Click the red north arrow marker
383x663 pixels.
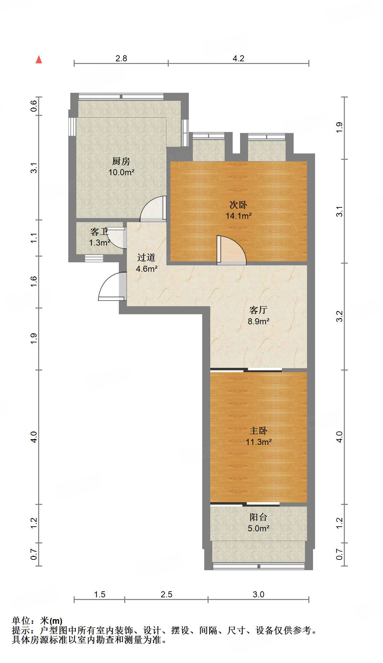pos(39,59)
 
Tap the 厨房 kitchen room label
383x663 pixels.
pos(121,161)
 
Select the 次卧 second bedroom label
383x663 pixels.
pos(238,205)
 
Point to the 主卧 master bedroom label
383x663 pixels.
pos(258,430)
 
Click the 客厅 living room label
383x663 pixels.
pos(258,310)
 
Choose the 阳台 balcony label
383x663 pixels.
pos(258,517)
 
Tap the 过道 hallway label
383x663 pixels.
pos(146,257)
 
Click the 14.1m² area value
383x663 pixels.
pos(238,216)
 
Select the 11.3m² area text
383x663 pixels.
pos(258,442)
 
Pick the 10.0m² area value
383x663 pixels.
pos(121,173)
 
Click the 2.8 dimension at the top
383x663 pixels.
pos(121,58)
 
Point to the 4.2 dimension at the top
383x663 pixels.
pos(238,58)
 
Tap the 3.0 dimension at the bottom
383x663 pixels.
pos(258,594)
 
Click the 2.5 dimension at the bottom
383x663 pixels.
pos(166,594)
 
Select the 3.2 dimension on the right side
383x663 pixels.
pos(339,316)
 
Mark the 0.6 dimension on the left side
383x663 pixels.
pos(34,106)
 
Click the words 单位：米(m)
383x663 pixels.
pos(37,621)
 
